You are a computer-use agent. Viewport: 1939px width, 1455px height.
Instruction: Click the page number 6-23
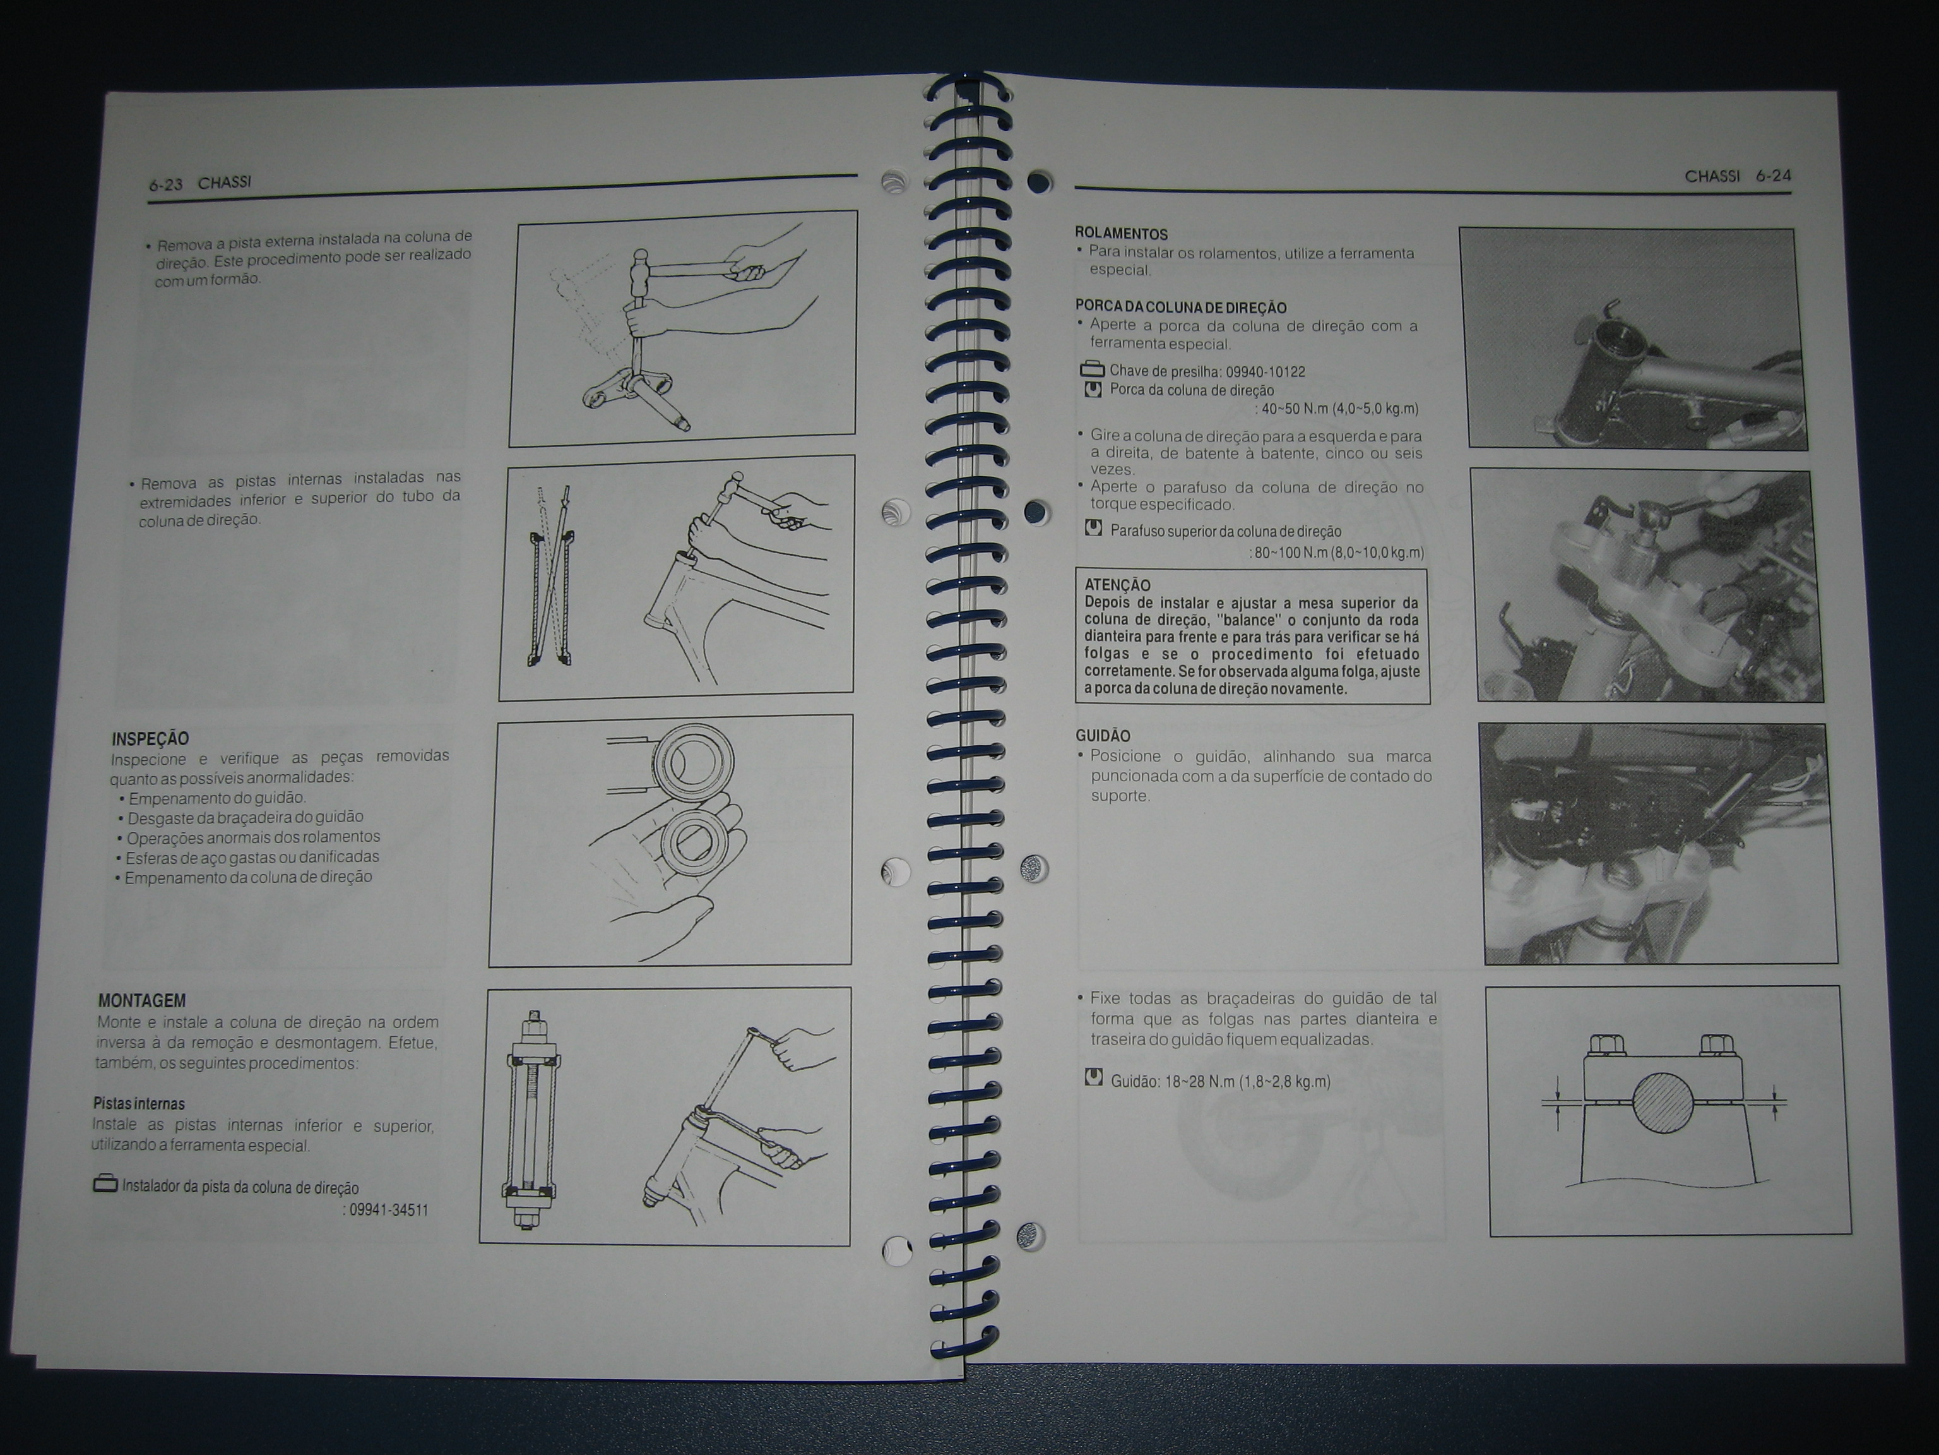point(165,185)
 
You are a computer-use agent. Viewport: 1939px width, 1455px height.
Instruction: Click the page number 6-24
point(1774,176)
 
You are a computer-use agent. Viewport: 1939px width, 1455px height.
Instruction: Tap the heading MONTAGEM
point(142,1001)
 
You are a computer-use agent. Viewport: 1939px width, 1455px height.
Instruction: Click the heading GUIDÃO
point(1103,736)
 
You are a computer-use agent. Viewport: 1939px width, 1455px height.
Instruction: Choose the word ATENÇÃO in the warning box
point(1118,585)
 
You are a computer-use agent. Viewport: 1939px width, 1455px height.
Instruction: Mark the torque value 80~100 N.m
point(1291,553)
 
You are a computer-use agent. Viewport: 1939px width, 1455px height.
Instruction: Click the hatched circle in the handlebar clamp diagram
point(1663,1103)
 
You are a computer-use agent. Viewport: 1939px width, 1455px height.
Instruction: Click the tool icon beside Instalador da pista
point(105,1184)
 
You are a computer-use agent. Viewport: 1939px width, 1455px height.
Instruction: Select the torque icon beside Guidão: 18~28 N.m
point(1093,1077)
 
